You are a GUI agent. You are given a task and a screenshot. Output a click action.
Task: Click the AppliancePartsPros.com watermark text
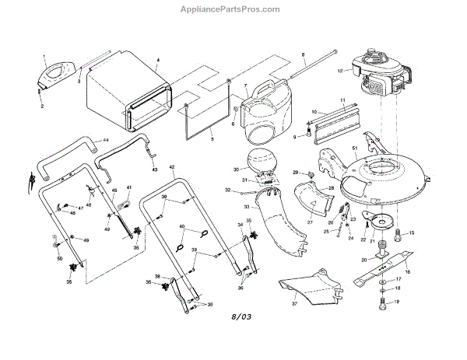[x=233, y=9]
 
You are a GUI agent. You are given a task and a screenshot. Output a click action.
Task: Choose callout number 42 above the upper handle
[x=172, y=167]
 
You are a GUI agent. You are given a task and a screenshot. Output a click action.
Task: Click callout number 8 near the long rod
[x=302, y=54]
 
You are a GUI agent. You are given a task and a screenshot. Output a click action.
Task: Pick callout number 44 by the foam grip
[x=106, y=139]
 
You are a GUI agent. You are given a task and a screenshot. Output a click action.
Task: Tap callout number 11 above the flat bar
[x=342, y=101]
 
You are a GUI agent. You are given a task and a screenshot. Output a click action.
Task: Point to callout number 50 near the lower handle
[x=59, y=257]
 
